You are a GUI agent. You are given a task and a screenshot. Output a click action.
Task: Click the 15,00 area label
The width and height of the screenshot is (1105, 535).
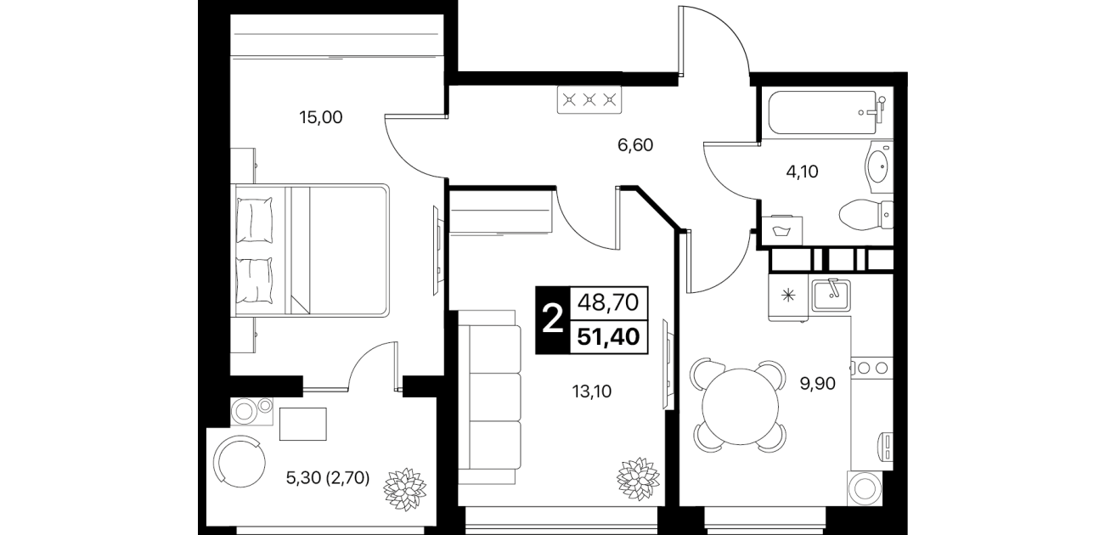tap(321, 118)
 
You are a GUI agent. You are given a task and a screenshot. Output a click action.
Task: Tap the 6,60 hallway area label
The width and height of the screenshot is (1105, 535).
tap(635, 145)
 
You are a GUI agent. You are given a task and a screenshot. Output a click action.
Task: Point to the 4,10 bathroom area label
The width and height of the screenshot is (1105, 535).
tap(802, 172)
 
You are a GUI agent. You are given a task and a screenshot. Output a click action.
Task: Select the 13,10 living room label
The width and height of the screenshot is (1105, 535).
tap(591, 391)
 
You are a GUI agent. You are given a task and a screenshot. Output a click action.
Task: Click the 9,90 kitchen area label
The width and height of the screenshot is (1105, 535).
tap(817, 383)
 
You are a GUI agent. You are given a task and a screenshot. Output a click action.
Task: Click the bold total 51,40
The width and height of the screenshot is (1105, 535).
tap(609, 337)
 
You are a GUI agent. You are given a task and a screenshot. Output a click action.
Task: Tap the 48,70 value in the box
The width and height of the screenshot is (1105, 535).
tap(608, 302)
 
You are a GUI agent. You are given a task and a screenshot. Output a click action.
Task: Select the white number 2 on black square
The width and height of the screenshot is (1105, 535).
tap(552, 319)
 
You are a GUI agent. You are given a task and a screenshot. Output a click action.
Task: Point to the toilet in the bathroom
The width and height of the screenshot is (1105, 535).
tap(866, 215)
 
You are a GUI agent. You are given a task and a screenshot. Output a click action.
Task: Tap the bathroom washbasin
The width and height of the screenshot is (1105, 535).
tap(879, 166)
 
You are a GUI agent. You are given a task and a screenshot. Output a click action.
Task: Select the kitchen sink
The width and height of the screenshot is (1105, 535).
tap(832, 295)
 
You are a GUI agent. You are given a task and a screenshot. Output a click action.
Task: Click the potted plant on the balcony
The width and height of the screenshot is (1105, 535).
tap(405, 489)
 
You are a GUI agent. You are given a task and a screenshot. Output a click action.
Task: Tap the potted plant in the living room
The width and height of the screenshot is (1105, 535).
tap(639, 479)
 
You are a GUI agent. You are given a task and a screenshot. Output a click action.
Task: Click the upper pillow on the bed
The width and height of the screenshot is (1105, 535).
tap(255, 220)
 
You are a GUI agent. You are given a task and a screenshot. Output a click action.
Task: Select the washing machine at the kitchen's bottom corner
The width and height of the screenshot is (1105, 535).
tap(865, 487)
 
